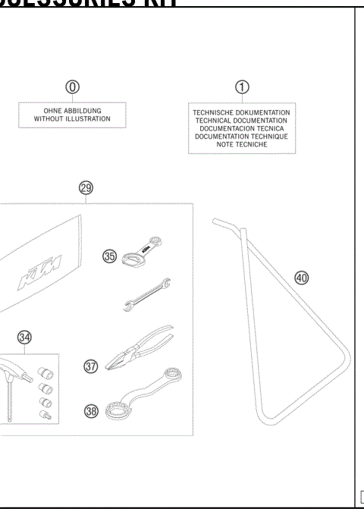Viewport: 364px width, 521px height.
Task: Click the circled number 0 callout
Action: (72, 87)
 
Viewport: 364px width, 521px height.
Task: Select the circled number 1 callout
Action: (241, 87)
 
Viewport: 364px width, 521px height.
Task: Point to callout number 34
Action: (24, 336)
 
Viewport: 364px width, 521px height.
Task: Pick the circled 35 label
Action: (111, 257)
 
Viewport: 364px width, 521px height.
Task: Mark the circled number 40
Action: (302, 278)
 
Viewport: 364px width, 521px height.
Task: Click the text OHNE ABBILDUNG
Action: (72, 111)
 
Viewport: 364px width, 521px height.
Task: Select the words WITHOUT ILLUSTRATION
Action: (72, 119)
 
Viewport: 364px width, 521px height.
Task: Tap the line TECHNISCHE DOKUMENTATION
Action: (241, 113)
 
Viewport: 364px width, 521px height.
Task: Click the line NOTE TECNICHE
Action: (241, 144)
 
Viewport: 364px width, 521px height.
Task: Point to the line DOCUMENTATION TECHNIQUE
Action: (241, 137)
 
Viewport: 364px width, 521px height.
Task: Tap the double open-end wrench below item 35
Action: (147, 295)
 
